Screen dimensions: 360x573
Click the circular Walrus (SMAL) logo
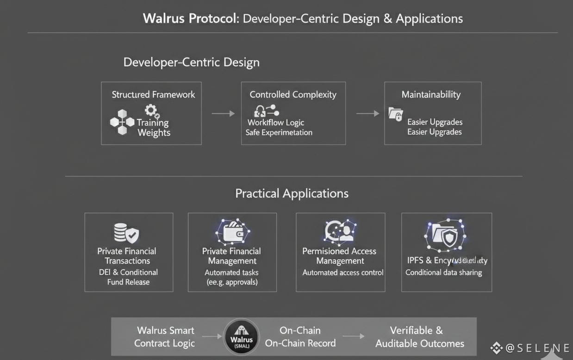click(241, 337)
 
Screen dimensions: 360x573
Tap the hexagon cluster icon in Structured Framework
click(122, 122)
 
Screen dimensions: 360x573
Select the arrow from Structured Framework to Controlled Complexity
click(223, 113)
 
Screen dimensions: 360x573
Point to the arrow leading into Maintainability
click(367, 113)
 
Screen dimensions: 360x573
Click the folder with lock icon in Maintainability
click(396, 114)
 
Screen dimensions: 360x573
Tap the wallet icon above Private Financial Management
click(232, 232)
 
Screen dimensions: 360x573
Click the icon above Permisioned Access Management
click(340, 231)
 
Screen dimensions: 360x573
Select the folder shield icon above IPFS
click(445, 236)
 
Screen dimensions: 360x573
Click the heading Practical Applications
click(292, 193)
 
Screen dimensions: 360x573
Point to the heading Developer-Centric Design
click(191, 62)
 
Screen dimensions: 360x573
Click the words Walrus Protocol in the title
click(190, 19)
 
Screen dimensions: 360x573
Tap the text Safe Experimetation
click(279, 133)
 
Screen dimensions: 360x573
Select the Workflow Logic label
click(276, 123)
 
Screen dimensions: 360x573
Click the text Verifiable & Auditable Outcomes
click(419, 337)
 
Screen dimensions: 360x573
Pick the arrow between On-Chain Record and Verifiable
click(353, 337)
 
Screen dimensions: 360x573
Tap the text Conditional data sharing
click(443, 273)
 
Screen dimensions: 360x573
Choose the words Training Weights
click(153, 128)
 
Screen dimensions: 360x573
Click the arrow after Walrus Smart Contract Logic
click(212, 336)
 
